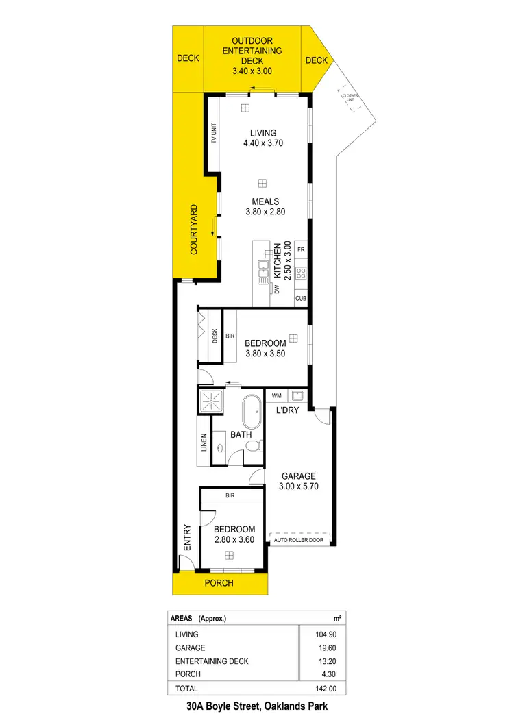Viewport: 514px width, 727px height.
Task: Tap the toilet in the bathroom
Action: coord(252,446)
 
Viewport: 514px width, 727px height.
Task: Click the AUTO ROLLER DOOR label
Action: coord(298,540)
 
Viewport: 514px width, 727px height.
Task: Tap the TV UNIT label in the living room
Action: coord(214,132)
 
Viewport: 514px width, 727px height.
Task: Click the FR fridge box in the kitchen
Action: coord(301,249)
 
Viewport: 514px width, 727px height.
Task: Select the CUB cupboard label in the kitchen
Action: coord(301,299)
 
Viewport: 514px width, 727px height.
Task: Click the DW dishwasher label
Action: coord(278,290)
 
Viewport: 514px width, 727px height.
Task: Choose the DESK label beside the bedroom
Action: coord(215,336)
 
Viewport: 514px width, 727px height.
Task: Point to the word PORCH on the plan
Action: coord(219,583)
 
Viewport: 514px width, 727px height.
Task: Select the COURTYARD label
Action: coord(194,229)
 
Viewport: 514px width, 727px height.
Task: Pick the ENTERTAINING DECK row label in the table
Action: coord(212,661)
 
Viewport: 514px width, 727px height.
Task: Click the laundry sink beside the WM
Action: coord(298,395)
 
